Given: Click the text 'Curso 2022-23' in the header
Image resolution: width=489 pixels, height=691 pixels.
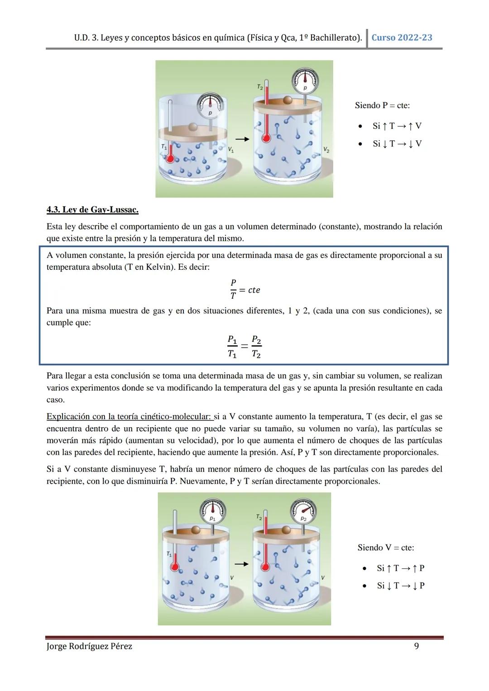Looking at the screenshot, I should click(402, 38).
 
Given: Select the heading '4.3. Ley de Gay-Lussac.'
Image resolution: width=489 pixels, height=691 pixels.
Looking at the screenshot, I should click(92, 210).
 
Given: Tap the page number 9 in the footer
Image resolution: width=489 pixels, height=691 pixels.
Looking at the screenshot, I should click(417, 646).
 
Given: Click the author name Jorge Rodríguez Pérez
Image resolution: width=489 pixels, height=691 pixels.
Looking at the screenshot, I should click(89, 646).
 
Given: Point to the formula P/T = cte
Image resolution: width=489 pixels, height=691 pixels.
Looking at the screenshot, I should click(244, 290).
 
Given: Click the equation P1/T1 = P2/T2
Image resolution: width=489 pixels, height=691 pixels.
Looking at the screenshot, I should click(244, 347).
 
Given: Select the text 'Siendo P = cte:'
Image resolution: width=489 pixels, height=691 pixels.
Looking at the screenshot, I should click(382, 105).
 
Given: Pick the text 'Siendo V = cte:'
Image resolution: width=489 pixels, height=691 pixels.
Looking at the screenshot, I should click(385, 548).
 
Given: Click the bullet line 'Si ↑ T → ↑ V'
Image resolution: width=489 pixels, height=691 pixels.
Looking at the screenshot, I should click(397, 126).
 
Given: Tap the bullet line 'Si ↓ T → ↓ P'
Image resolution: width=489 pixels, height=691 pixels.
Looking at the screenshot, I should click(400, 586).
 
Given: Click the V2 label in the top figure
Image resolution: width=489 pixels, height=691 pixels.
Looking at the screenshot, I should click(326, 149).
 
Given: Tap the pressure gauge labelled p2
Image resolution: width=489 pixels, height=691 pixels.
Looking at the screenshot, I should click(304, 511).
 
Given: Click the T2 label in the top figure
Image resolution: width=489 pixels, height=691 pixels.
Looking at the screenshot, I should click(260, 86).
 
